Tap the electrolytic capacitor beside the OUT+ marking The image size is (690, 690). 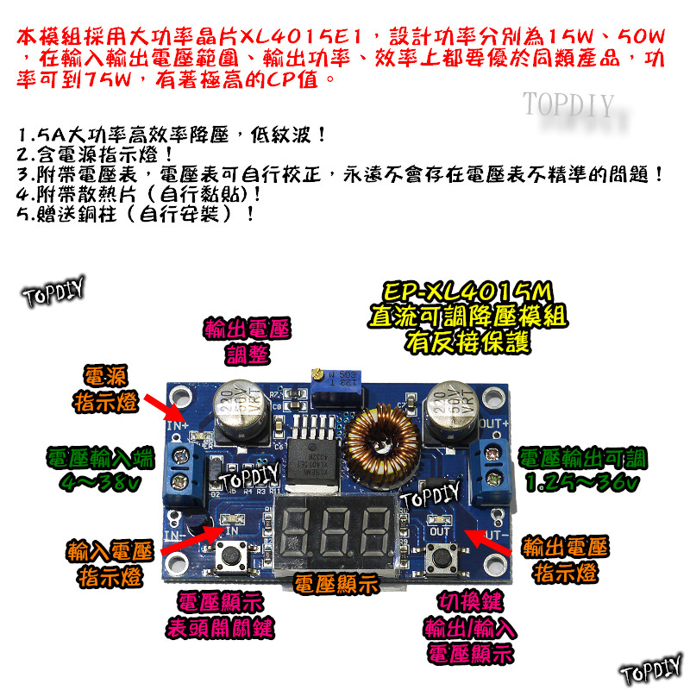tap(450, 410)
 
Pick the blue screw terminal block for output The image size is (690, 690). tap(496, 460)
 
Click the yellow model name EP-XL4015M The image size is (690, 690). tap(467, 292)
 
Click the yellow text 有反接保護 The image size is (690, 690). tap(467, 342)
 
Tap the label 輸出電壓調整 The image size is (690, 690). tap(248, 340)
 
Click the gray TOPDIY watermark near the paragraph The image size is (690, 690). tap(568, 105)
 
